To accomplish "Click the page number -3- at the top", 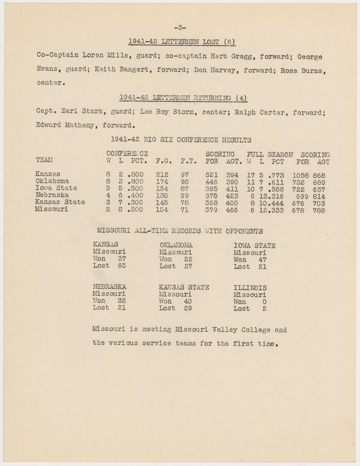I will click(x=180, y=28).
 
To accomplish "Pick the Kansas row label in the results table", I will click(x=49, y=174).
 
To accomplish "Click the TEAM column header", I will click(x=45, y=160).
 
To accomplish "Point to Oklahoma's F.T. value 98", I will click(x=186, y=181).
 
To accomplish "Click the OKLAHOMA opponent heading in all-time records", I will click(x=176, y=245).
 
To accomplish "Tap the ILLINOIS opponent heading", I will click(x=250, y=288).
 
